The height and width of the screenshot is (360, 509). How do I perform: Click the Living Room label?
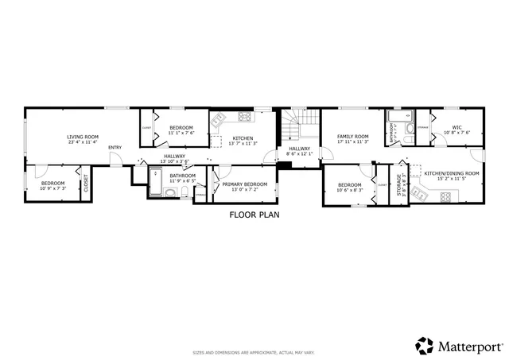82,137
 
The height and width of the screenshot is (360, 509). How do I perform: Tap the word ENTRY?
115,147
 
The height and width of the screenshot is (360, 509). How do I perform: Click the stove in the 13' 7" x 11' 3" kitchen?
244,118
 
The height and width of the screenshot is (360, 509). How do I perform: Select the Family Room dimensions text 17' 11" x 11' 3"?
352,142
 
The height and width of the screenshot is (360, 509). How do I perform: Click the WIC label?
457,126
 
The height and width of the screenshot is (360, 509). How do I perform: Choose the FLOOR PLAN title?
254,215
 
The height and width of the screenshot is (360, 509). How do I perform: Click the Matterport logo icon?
423,346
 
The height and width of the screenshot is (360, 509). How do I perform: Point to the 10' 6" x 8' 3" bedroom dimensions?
351,190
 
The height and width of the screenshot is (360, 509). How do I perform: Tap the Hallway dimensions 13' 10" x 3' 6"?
174,161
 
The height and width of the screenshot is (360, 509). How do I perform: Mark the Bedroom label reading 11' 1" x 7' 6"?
181,133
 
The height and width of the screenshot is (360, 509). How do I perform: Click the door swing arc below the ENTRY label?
115,160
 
